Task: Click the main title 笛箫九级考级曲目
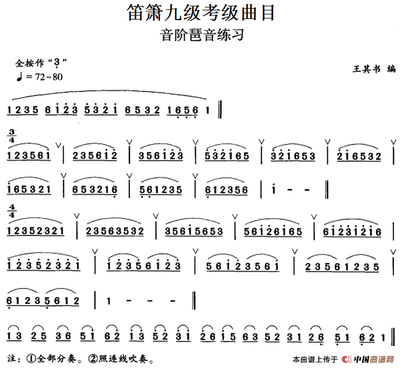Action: click(201, 13)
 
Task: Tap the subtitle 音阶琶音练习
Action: click(201, 35)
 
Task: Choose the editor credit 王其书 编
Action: click(374, 69)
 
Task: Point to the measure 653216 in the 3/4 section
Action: click(96, 189)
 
